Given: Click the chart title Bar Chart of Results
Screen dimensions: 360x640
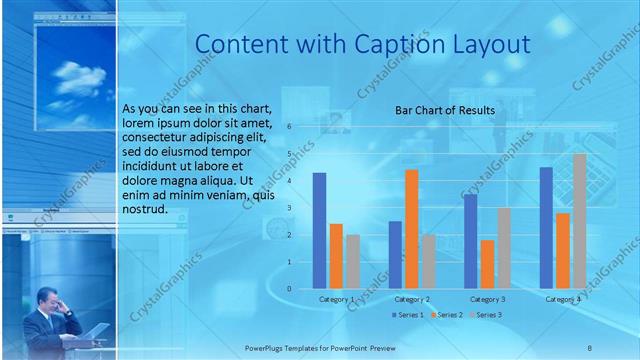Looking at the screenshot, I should (443, 110).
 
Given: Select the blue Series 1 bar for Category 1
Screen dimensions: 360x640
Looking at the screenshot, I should (319, 231).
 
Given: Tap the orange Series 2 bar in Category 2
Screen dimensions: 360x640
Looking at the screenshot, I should (411, 229).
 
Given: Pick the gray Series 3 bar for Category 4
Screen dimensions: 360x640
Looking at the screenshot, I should (579, 221).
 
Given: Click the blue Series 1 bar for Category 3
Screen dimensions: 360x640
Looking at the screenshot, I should (470, 241).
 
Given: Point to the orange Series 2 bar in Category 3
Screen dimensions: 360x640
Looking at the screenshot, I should (487, 264).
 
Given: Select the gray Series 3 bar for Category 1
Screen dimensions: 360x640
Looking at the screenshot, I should (353, 262).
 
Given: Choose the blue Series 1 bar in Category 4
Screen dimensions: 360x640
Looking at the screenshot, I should (546, 228).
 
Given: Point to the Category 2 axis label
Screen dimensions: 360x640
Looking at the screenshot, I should (412, 299).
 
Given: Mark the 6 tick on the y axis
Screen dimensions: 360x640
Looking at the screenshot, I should (288, 127).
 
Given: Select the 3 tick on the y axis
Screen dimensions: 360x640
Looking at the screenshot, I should (288, 208).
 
